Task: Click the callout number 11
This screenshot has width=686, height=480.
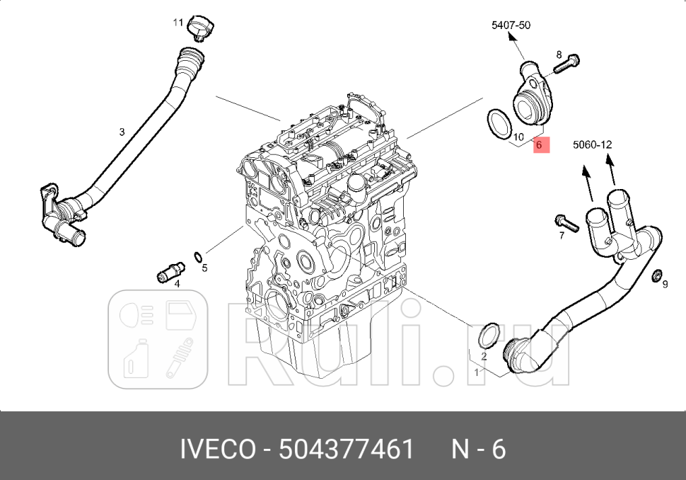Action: (178, 23)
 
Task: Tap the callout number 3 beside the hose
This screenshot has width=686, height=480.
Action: (122, 132)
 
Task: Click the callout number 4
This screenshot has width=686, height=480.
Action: (177, 284)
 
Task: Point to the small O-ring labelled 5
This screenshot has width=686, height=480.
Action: (199, 256)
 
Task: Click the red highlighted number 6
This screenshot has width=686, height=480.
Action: (539, 144)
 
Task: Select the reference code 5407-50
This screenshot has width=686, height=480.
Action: (511, 25)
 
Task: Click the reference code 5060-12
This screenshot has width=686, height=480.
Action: (592, 144)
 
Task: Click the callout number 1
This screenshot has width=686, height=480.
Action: (477, 371)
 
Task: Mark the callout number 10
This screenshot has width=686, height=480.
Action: (518, 137)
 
